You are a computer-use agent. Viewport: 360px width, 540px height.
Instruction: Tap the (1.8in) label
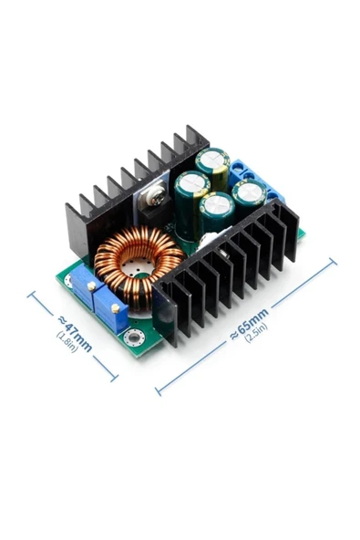pyautogui.click(x=67, y=342)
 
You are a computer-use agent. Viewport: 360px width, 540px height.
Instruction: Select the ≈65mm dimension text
pyautogui.click(x=249, y=325)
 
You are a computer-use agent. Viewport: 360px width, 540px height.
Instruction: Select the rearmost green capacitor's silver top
pyautogui.click(x=212, y=159)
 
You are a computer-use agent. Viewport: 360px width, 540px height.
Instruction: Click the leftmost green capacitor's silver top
pyautogui.click(x=192, y=183)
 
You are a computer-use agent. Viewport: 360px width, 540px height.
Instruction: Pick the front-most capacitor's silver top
pyautogui.click(x=217, y=203)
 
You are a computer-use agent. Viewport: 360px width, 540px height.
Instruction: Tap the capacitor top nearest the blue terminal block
pyautogui.click(x=249, y=191)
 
